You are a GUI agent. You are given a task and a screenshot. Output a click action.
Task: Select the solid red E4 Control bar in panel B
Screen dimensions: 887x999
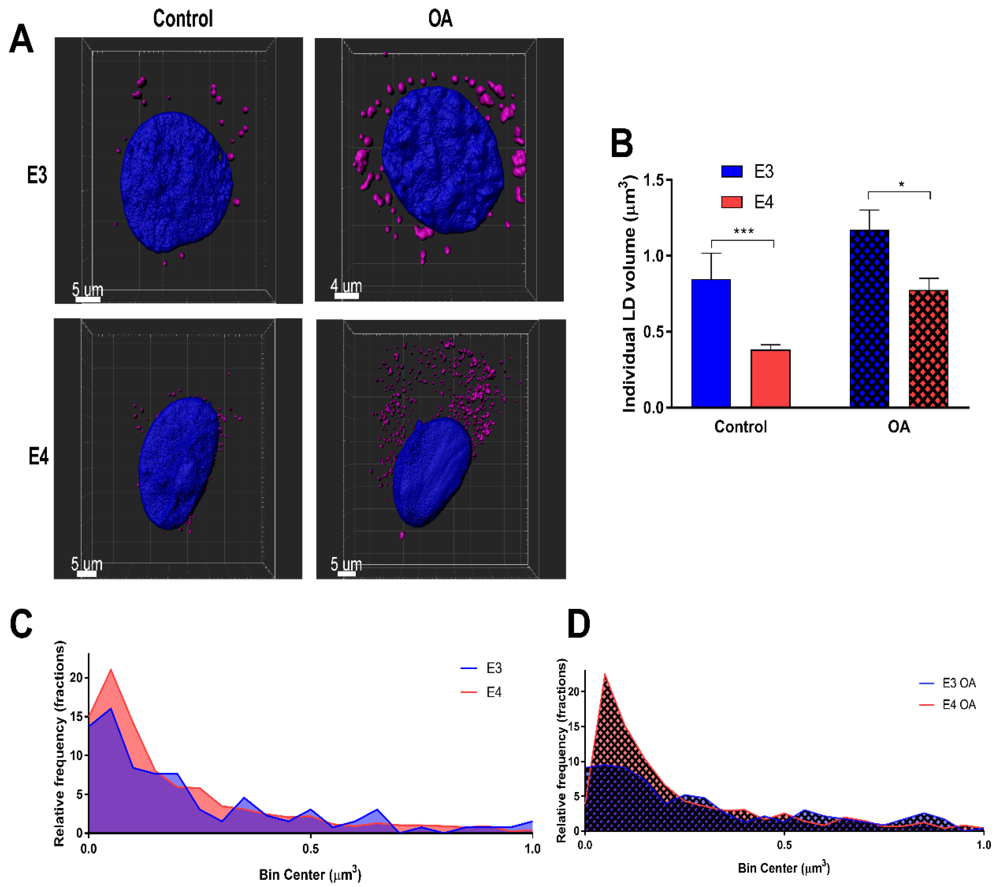pyautogui.click(x=770, y=378)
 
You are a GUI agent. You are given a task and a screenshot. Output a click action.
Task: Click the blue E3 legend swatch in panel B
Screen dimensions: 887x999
pyautogui.click(x=732, y=171)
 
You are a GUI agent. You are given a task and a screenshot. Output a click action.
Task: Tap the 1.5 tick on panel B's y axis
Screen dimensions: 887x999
pyautogui.click(x=654, y=180)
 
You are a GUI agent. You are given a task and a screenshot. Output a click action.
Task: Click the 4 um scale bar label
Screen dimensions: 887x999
pyautogui.click(x=346, y=285)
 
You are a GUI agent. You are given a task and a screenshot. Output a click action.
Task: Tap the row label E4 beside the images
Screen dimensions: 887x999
pyautogui.click(x=38, y=456)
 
